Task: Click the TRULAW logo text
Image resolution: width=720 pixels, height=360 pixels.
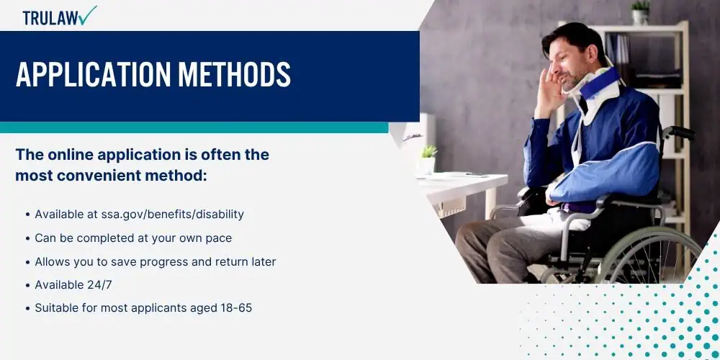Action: (x=50, y=18)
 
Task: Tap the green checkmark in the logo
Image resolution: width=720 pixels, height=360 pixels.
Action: (x=87, y=15)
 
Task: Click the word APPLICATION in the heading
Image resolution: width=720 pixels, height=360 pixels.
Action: (x=93, y=73)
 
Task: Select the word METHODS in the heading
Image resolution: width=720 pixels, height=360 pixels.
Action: (x=234, y=73)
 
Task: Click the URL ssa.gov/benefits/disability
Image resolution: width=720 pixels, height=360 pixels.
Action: (x=172, y=215)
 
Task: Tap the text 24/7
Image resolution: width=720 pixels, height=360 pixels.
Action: (x=99, y=284)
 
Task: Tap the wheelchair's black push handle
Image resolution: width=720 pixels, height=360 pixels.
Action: (x=679, y=132)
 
